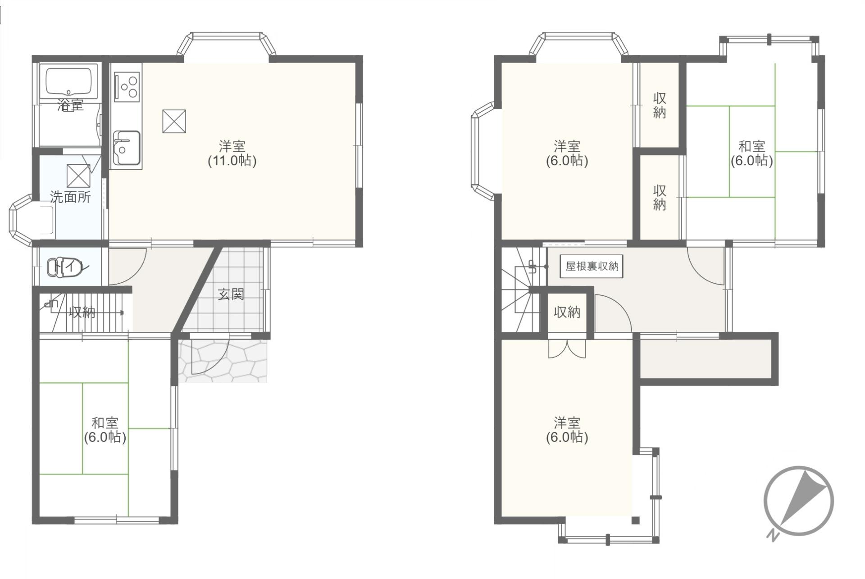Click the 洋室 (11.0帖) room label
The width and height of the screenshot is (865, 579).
click(232, 154)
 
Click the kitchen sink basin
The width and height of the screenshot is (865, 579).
click(127, 148)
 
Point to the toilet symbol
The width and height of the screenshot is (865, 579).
click(65, 267)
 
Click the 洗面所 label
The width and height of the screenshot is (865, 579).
click(70, 197)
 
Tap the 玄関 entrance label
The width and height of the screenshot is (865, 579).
click(231, 294)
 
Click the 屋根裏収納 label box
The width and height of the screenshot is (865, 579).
click(592, 266)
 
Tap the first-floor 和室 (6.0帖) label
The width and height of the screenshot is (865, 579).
click(105, 430)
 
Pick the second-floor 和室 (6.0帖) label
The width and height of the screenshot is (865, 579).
click(751, 154)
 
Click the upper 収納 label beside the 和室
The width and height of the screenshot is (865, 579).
click(660, 105)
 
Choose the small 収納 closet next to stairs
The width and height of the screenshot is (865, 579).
click(567, 312)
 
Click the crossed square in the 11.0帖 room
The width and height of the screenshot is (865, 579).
click(174, 121)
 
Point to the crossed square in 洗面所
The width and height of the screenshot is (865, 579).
click(78, 176)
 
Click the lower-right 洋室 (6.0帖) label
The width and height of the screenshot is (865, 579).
click(567, 430)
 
